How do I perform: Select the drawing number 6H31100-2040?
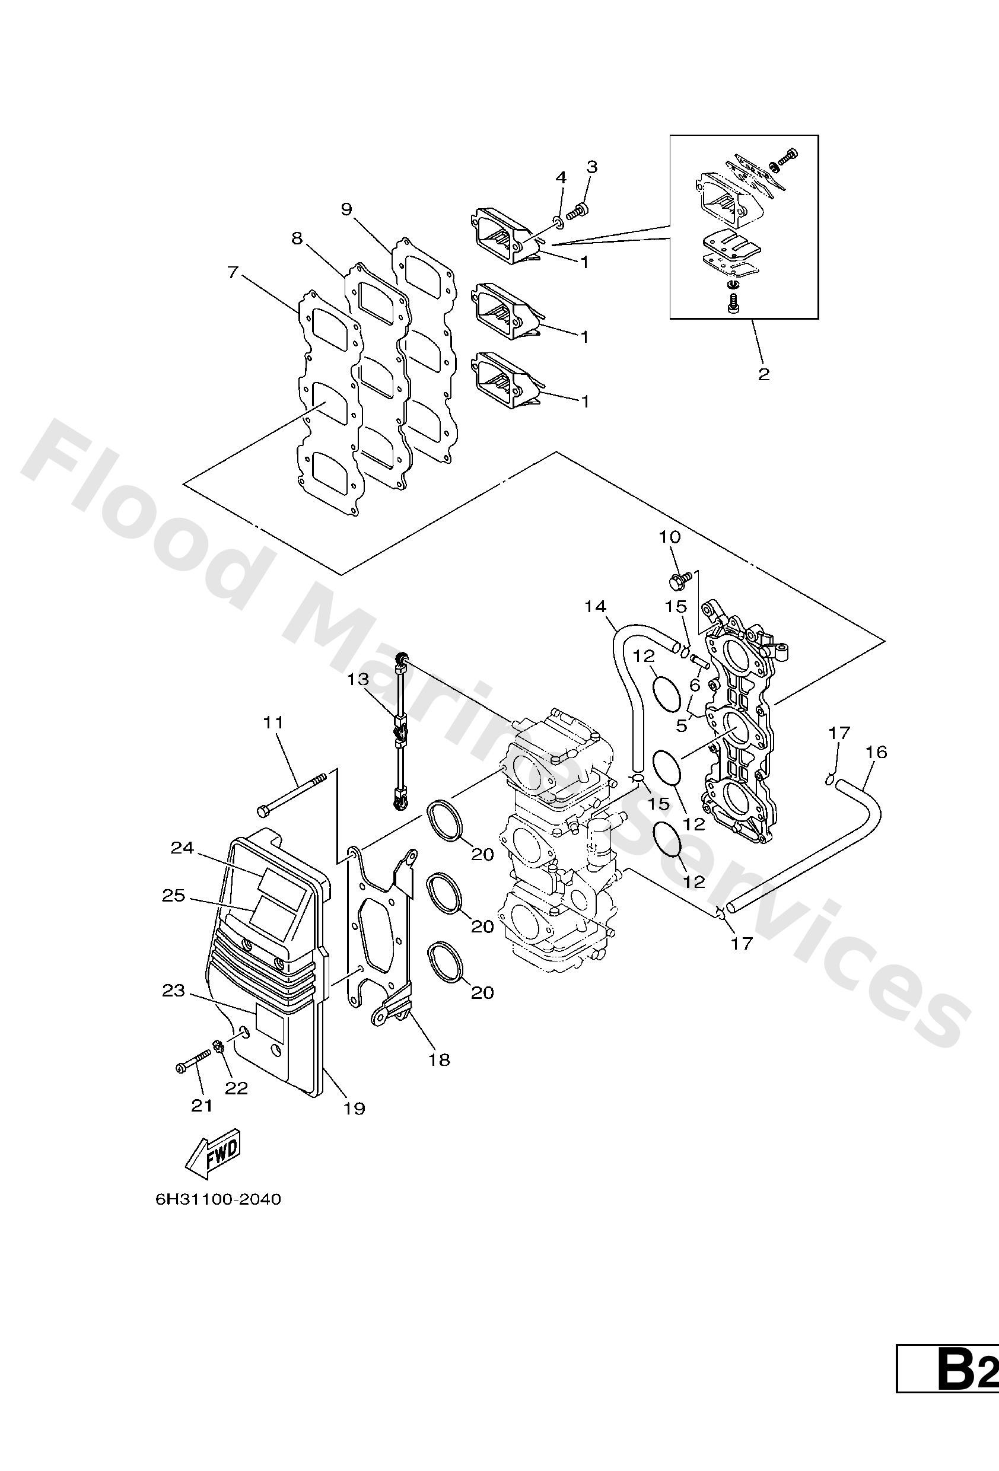(218, 1217)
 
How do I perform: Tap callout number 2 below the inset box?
(763, 374)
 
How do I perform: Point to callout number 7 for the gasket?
(233, 273)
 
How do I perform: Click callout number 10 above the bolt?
(669, 537)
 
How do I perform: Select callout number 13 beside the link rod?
(357, 680)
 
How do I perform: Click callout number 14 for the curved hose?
(595, 606)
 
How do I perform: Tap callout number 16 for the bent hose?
(877, 752)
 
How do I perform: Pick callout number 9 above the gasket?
(346, 209)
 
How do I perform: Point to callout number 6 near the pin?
(695, 685)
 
